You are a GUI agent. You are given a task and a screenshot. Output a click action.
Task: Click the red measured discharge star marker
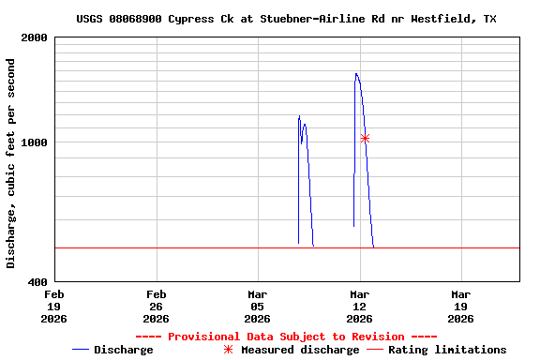(x=365, y=139)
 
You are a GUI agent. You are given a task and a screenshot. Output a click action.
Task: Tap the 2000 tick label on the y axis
(x=35, y=38)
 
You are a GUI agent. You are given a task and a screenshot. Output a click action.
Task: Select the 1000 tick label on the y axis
(x=35, y=142)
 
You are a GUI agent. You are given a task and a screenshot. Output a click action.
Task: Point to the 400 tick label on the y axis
(x=38, y=281)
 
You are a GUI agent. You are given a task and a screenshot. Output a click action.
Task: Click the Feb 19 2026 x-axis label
(x=54, y=306)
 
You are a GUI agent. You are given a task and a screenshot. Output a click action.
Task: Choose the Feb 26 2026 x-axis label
(x=156, y=306)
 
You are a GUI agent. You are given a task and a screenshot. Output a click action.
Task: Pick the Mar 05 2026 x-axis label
(x=257, y=306)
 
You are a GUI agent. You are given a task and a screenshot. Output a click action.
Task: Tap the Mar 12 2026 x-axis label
(x=359, y=306)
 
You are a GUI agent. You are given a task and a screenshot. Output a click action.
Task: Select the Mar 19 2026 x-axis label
(x=460, y=306)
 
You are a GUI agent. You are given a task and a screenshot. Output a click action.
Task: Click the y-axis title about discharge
(x=12, y=163)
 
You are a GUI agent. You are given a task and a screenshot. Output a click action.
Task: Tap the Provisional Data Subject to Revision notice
(x=286, y=337)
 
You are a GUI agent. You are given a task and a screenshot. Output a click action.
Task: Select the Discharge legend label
(x=123, y=350)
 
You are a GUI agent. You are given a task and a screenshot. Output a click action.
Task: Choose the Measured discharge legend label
(x=300, y=350)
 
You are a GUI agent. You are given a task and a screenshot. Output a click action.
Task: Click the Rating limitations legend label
(x=447, y=350)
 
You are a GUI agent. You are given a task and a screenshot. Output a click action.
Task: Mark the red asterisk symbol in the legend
(x=228, y=350)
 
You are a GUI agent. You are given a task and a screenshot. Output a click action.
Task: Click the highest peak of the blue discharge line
(x=356, y=73)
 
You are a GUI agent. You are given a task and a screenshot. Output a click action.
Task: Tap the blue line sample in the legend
(x=81, y=350)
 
